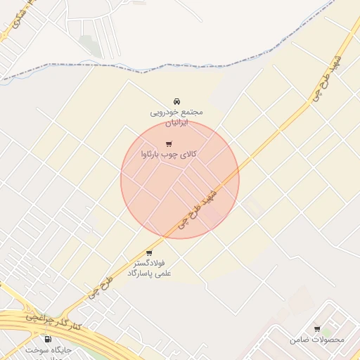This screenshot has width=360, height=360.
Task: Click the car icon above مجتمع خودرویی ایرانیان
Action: point(176,101)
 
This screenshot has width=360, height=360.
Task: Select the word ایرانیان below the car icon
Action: point(176,122)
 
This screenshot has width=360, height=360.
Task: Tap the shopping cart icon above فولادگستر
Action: point(149,253)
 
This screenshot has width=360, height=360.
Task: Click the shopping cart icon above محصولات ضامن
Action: point(317,328)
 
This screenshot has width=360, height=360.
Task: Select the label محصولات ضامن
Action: point(317,340)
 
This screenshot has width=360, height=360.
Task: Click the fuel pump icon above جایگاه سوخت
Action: point(48,339)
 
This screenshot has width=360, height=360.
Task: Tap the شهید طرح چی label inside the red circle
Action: point(196,209)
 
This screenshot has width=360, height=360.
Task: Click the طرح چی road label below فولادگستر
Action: point(98,289)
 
